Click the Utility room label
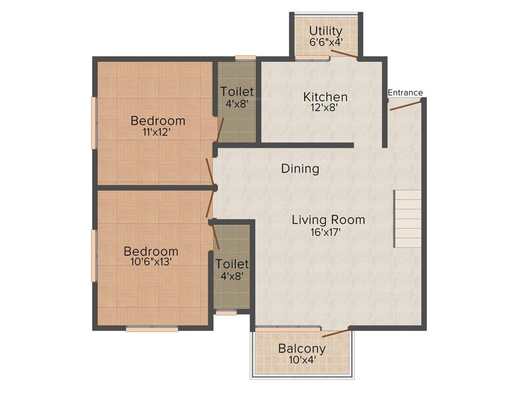point(325,31)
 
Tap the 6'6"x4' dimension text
point(325,42)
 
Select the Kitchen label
point(325,97)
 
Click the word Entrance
point(405,93)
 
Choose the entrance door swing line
point(406,105)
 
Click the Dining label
point(300,169)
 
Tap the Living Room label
point(328,220)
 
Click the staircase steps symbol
point(408,218)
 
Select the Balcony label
point(302,349)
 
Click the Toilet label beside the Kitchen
point(237,92)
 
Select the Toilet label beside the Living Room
point(232,264)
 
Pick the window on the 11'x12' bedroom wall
point(94,123)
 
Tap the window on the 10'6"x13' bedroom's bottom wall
point(152,328)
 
